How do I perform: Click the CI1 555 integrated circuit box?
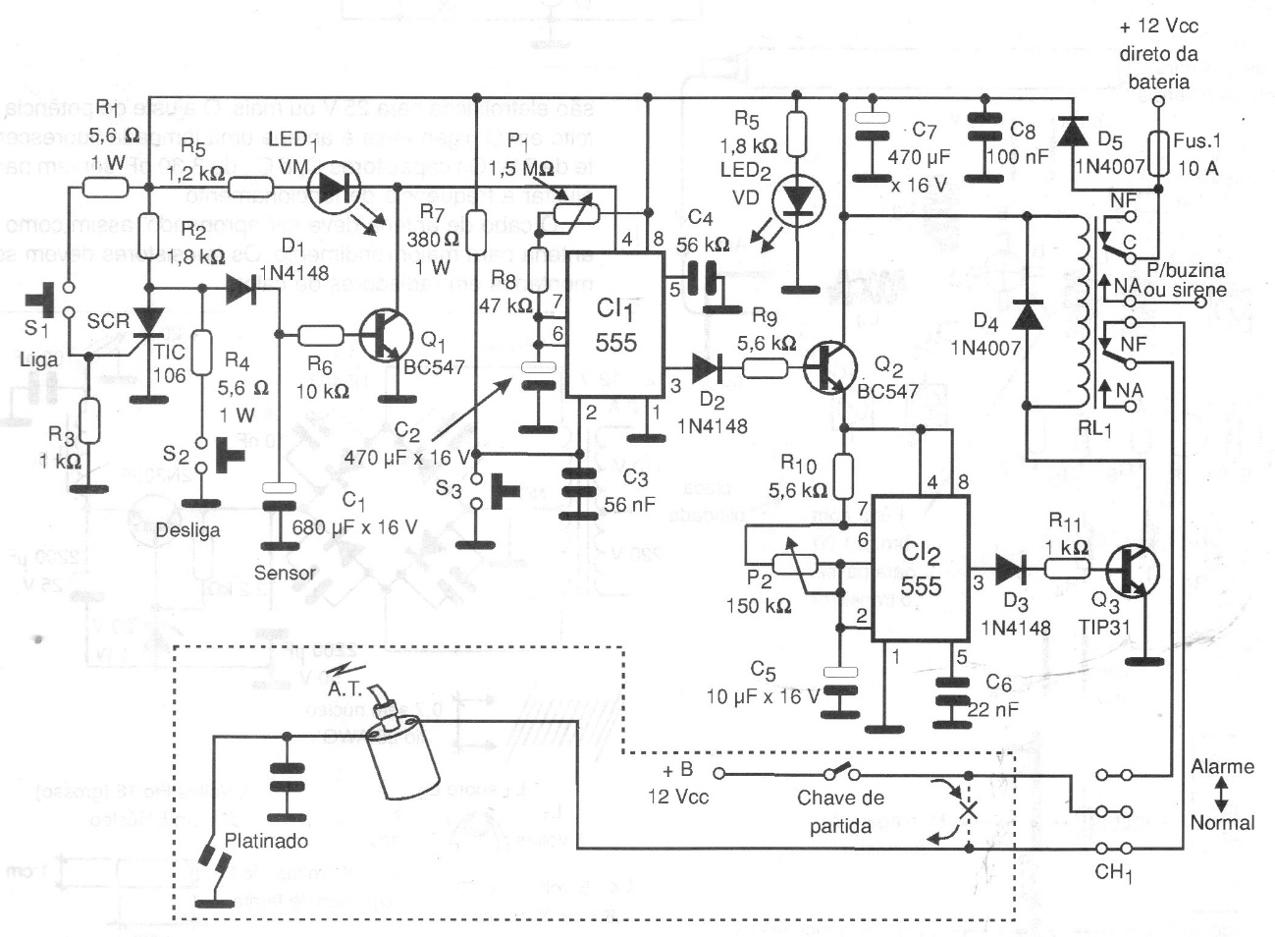point(615,324)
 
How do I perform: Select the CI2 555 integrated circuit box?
point(921,568)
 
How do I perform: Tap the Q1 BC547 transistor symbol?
point(384,336)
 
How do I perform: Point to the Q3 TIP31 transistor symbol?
point(1132,570)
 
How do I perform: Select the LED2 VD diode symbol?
point(796,200)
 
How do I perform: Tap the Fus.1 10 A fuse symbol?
point(1158,154)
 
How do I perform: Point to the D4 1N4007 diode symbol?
point(1028,314)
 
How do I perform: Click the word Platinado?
point(266,841)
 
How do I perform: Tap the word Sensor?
point(285,573)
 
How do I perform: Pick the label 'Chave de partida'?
point(840,811)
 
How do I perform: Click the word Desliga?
point(187,530)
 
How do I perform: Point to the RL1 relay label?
point(1095,428)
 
